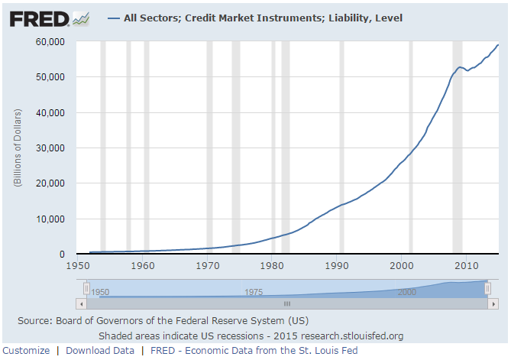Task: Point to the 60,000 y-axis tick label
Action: [53, 41]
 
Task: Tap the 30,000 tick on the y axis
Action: [53, 148]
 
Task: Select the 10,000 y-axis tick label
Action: [53, 219]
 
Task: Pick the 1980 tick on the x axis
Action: [273, 265]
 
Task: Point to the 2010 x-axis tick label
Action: [467, 265]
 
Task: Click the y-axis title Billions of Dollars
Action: [17, 148]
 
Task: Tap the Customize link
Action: [26, 350]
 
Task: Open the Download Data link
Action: [100, 350]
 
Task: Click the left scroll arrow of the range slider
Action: [82, 303]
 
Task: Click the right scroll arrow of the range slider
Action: [483, 303]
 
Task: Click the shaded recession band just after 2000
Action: [411, 145]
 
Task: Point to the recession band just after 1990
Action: [341, 145]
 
